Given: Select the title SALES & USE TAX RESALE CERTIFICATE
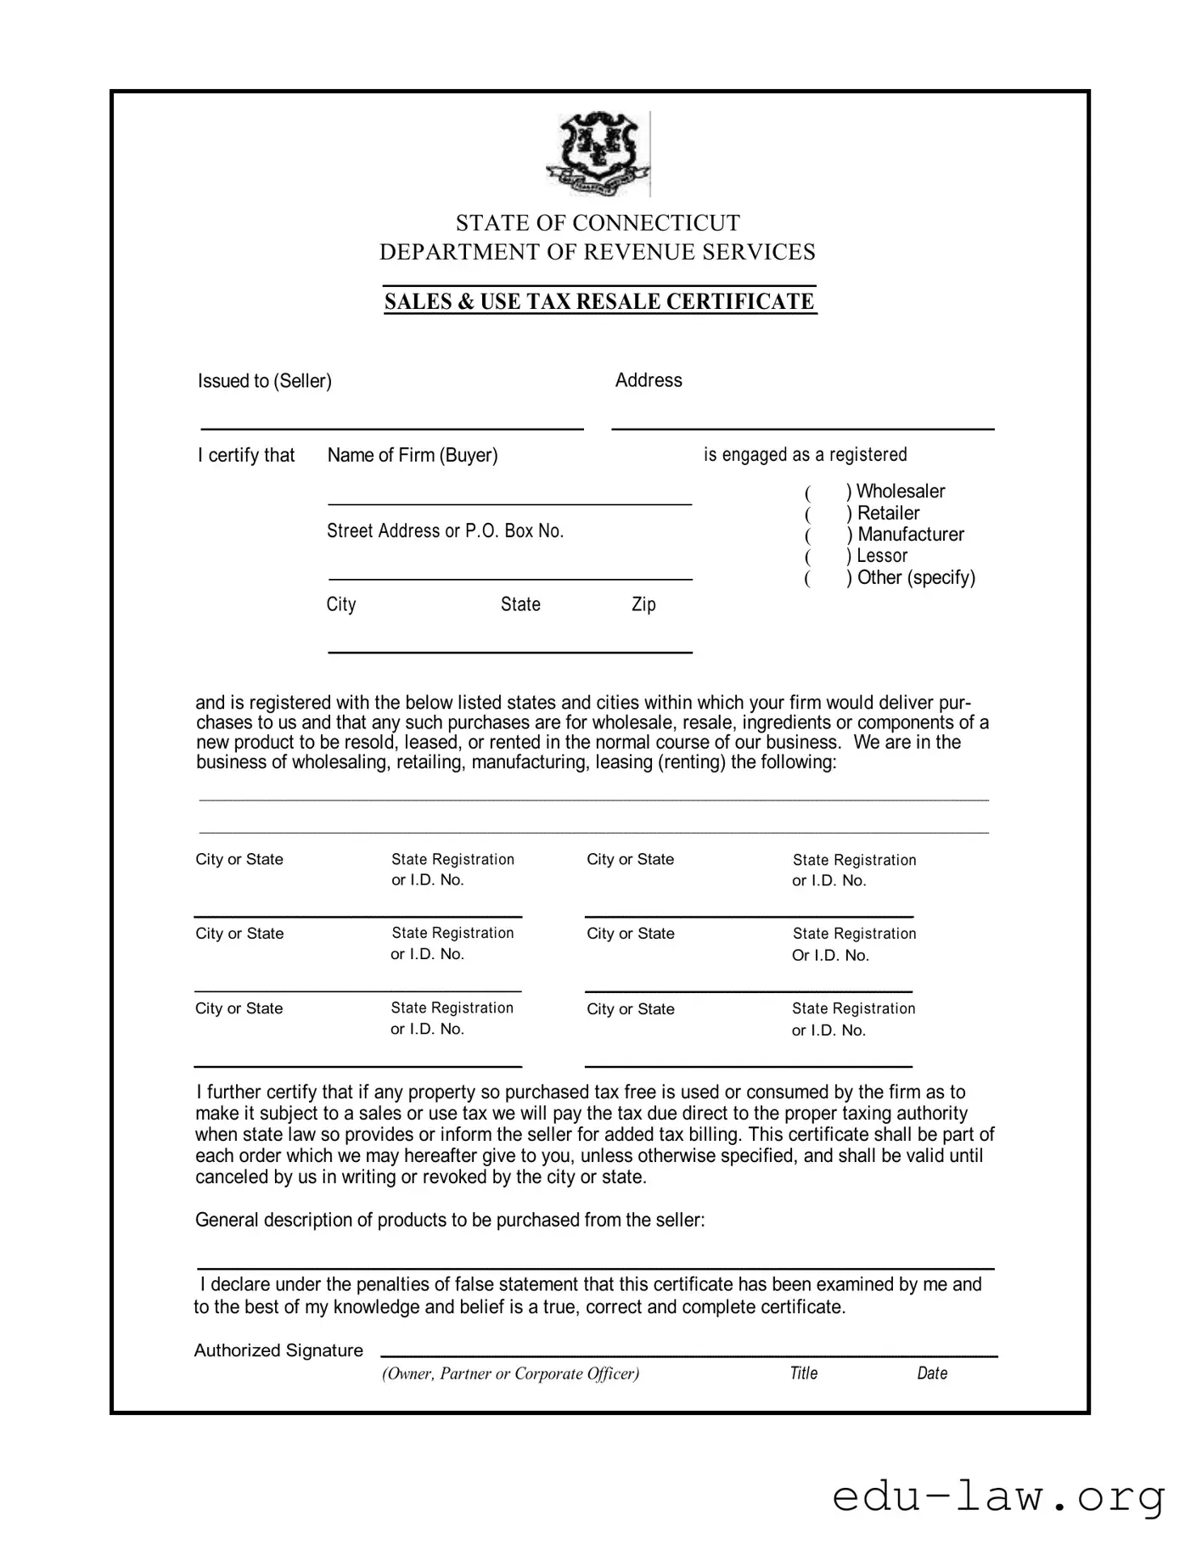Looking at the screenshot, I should (x=599, y=302).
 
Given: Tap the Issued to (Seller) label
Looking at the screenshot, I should (x=264, y=381).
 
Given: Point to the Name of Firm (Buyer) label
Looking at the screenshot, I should (x=413, y=456).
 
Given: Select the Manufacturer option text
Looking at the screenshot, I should (x=910, y=535).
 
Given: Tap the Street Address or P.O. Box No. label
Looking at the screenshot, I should (x=445, y=531).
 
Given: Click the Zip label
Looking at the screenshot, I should (x=643, y=604).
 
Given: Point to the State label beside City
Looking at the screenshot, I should (x=520, y=604).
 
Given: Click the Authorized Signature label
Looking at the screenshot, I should (x=278, y=1350).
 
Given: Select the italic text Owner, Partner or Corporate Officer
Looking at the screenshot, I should (x=510, y=1373).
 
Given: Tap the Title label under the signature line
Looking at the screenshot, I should (x=803, y=1373).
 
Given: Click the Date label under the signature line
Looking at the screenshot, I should (x=931, y=1373).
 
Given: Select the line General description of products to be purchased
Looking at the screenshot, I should (x=450, y=1221).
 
